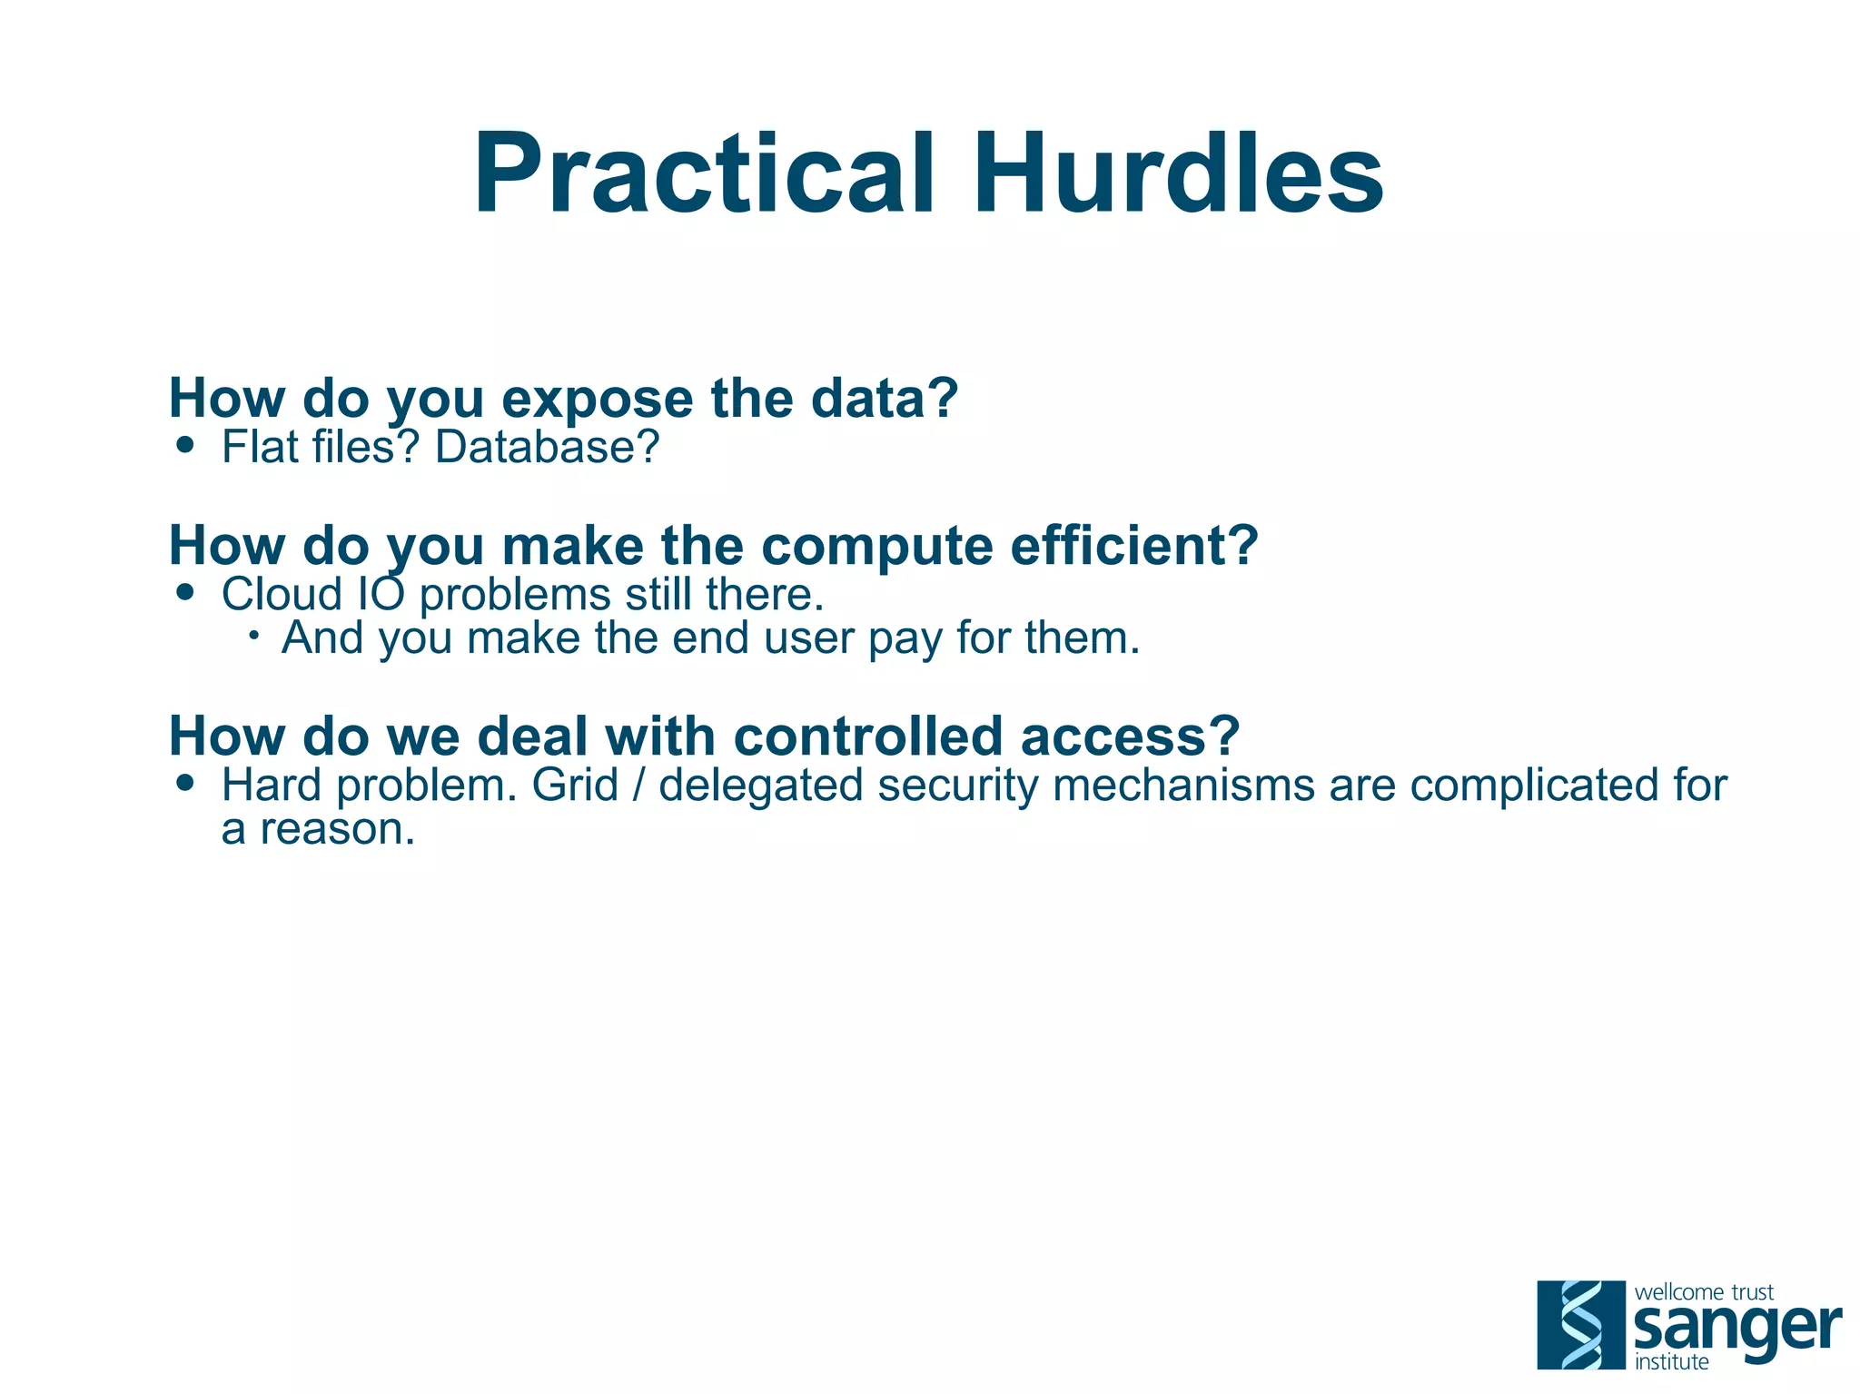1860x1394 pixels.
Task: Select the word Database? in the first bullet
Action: coord(547,447)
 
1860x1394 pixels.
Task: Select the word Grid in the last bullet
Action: coord(574,786)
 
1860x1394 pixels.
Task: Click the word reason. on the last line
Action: coord(338,829)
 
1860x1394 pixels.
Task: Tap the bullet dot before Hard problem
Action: coord(186,783)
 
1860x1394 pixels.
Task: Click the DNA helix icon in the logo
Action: coord(1580,1324)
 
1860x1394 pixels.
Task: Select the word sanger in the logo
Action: coord(1736,1329)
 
